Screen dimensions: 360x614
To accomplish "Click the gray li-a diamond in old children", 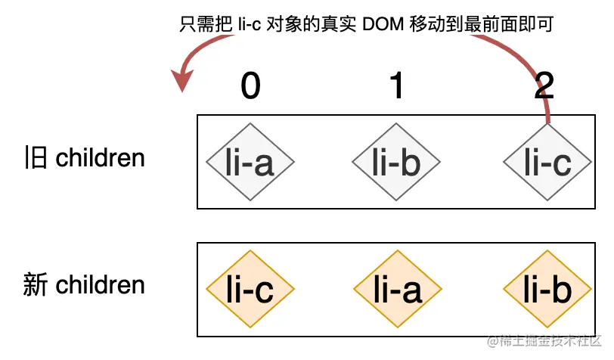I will click(250, 162).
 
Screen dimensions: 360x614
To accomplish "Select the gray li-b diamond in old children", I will click(396, 162).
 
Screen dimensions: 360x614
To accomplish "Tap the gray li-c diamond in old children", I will click(547, 162).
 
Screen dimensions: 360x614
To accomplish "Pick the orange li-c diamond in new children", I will click(250, 289).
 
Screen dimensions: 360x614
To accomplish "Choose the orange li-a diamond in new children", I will click(398, 289).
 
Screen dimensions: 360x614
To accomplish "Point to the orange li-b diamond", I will click(547, 289).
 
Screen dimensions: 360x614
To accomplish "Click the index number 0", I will click(251, 87).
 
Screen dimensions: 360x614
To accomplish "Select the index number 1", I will click(397, 87).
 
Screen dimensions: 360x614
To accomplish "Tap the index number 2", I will click(544, 87).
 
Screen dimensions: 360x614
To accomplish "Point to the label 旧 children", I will click(84, 158).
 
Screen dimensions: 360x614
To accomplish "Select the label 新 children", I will click(84, 285).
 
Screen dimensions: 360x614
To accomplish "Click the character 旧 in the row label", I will click(36, 158).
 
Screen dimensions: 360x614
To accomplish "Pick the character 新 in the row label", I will click(36, 285).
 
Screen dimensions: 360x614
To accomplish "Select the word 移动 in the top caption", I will click(426, 25).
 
